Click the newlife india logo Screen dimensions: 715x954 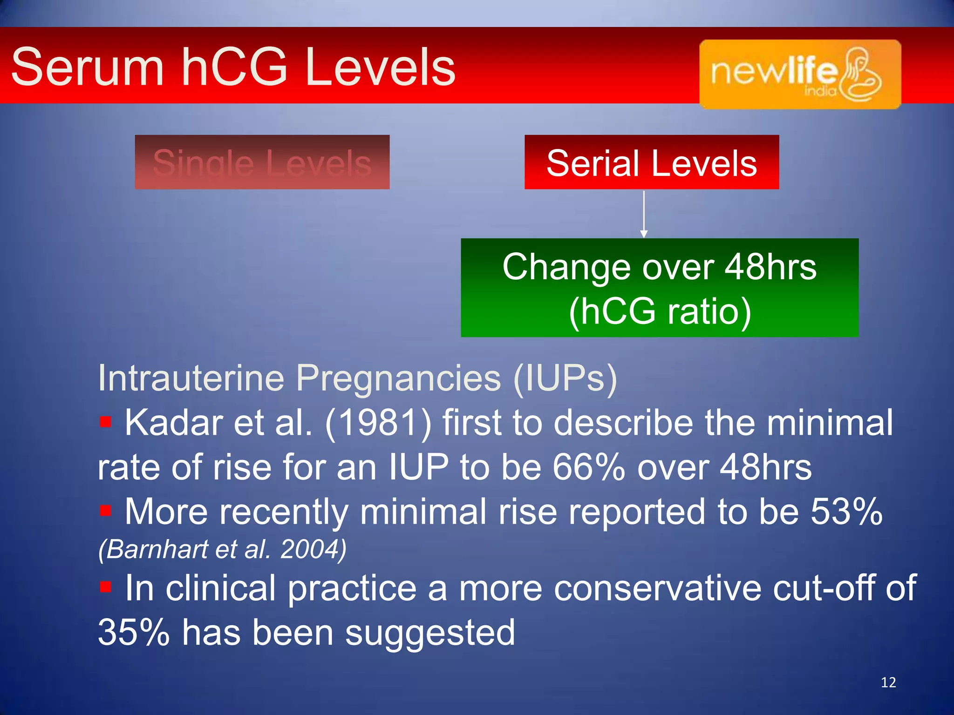(x=800, y=74)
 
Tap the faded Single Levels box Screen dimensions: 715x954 (x=262, y=162)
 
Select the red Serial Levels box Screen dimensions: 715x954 (x=651, y=162)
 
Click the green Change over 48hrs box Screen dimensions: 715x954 (x=659, y=287)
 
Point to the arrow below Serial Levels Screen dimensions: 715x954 (x=644, y=214)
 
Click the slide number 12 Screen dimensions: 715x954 (x=888, y=682)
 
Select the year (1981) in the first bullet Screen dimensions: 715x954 (x=378, y=423)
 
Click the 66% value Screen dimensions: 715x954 (x=588, y=467)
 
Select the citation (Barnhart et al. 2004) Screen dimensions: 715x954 (x=222, y=549)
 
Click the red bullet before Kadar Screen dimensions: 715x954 (x=106, y=422)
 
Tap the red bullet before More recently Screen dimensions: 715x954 (x=106, y=511)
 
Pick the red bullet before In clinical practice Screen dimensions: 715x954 (x=106, y=587)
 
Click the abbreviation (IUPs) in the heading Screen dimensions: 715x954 (x=565, y=378)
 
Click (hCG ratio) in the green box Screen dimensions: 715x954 (x=660, y=311)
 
